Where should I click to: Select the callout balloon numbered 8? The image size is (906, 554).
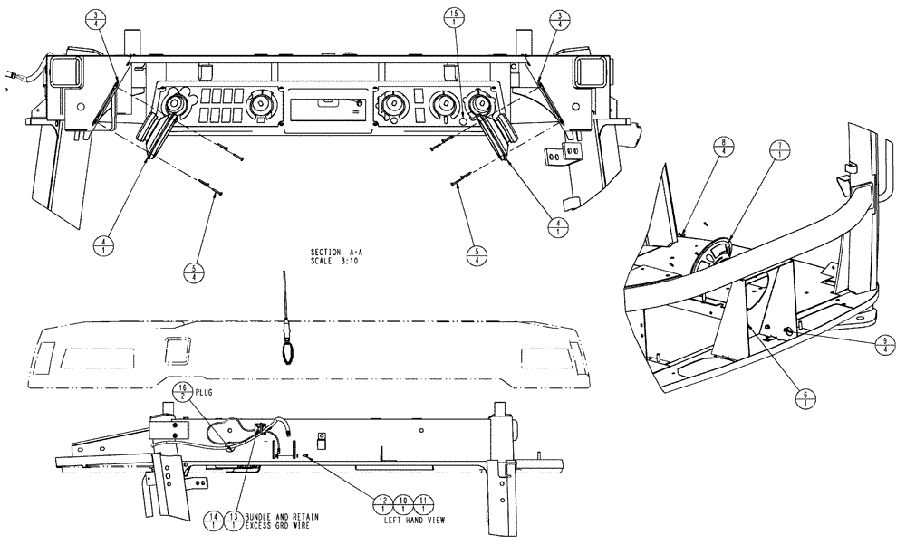(x=726, y=146)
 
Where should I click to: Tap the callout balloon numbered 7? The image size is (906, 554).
(x=776, y=150)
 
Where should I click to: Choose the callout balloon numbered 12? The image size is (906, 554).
(x=383, y=503)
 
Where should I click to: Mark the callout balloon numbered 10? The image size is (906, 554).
(x=403, y=503)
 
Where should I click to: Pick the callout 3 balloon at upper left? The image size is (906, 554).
(x=95, y=20)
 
